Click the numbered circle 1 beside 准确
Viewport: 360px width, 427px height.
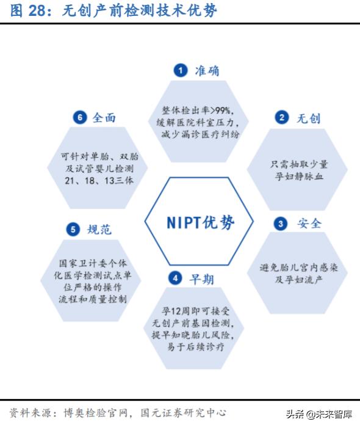[x=181, y=70]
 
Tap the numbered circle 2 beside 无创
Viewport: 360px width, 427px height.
[x=282, y=118]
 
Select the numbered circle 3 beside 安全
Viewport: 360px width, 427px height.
[x=281, y=224]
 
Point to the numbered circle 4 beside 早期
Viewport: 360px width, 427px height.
[x=175, y=279]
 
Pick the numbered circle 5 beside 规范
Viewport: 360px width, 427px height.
[x=73, y=229]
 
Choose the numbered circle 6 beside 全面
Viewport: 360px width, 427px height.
[x=80, y=118]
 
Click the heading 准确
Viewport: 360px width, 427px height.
[x=207, y=71]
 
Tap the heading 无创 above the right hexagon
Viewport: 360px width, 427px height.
[x=309, y=119]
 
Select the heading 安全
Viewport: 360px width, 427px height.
[x=309, y=224]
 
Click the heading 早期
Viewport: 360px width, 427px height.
[x=201, y=279]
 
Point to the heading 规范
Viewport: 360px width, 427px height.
[x=99, y=230]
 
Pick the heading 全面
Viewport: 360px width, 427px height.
[x=104, y=118]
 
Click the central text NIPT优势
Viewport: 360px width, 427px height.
[x=200, y=222]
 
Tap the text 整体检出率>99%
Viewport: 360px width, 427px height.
[x=198, y=111]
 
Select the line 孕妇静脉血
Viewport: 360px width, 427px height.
[x=299, y=177]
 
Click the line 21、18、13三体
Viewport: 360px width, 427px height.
[x=99, y=180]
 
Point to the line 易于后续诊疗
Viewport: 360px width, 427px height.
[x=196, y=347]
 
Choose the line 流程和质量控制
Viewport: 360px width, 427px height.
[x=93, y=299]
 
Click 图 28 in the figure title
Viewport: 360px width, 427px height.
[x=27, y=11]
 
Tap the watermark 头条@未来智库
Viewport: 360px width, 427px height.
[x=319, y=414]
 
